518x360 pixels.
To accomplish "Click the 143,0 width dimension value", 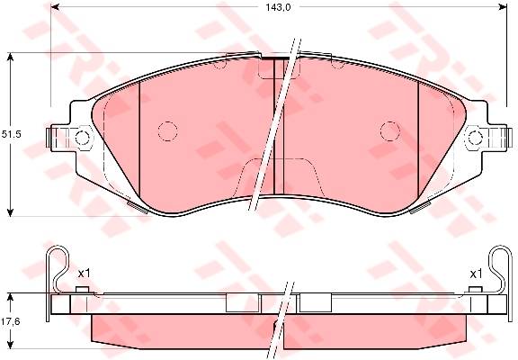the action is click(x=278, y=7).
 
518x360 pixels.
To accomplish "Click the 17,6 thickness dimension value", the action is click(x=11, y=320).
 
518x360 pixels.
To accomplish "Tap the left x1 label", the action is click(x=84, y=274).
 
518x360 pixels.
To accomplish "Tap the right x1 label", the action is click(x=476, y=274).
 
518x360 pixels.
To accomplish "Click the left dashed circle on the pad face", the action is click(x=168, y=131).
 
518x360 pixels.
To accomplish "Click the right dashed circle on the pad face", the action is click(x=390, y=131).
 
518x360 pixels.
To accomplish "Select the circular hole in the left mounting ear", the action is click(x=82, y=138).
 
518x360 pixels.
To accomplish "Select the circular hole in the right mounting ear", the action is click(x=476, y=138).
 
